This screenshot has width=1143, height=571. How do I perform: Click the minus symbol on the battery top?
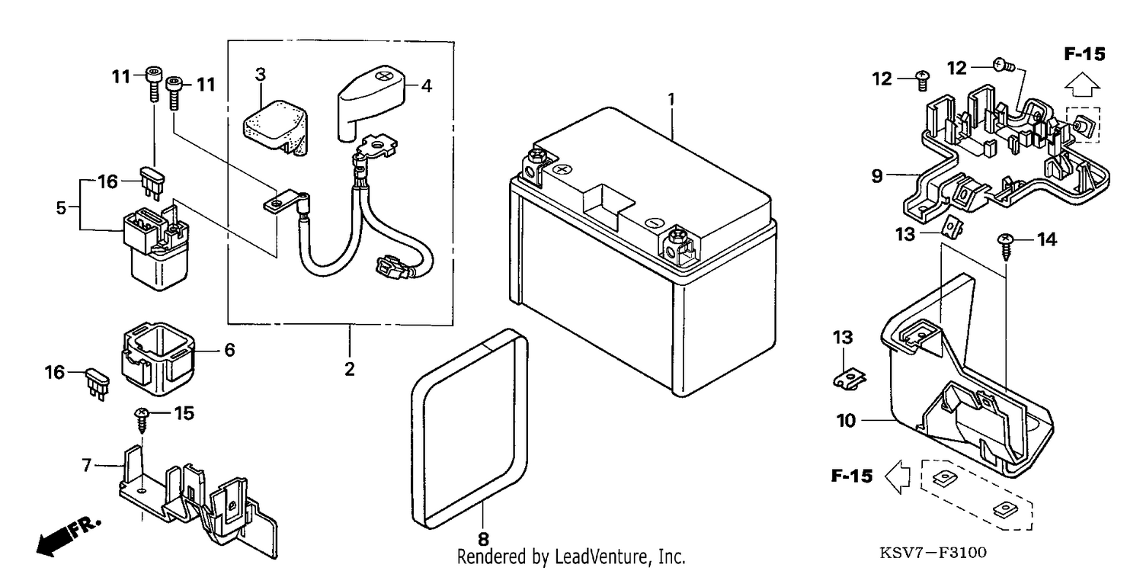pos(654,223)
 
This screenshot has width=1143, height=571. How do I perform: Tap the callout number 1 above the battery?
pos(671,100)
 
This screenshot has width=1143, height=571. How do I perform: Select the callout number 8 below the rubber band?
pos(483,539)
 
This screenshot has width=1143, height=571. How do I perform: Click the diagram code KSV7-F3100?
pos(933,552)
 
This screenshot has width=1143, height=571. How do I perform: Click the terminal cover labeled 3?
pos(276,127)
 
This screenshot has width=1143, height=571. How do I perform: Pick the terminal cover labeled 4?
pos(371,101)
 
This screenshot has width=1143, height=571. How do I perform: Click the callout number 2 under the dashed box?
pos(350,369)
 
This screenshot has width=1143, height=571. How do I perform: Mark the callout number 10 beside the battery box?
pos(846,421)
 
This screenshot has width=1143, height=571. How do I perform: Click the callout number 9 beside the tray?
pos(876,176)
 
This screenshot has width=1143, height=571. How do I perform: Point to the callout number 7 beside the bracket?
pos(87,465)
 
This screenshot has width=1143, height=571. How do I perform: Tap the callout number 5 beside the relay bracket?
pos(61,207)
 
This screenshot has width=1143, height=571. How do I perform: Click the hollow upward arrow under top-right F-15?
pos(1082,84)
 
